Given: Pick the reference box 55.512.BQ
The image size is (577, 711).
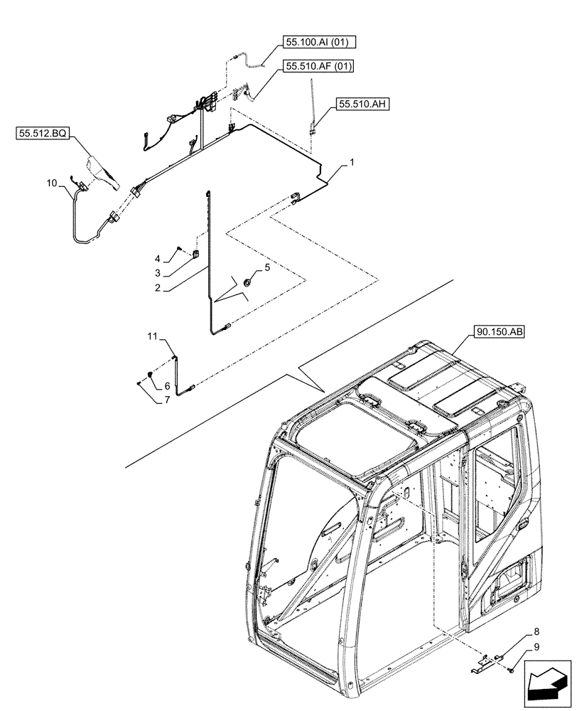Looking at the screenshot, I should (41, 133).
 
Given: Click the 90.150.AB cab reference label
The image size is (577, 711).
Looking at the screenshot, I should (496, 331).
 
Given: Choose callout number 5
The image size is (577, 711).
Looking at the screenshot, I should (267, 267).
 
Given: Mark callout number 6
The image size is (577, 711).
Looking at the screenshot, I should (168, 385).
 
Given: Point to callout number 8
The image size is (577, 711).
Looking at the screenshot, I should (536, 631).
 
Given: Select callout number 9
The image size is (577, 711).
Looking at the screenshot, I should (536, 646).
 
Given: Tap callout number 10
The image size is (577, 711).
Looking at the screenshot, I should (51, 183).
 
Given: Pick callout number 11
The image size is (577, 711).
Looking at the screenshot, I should (151, 335).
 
